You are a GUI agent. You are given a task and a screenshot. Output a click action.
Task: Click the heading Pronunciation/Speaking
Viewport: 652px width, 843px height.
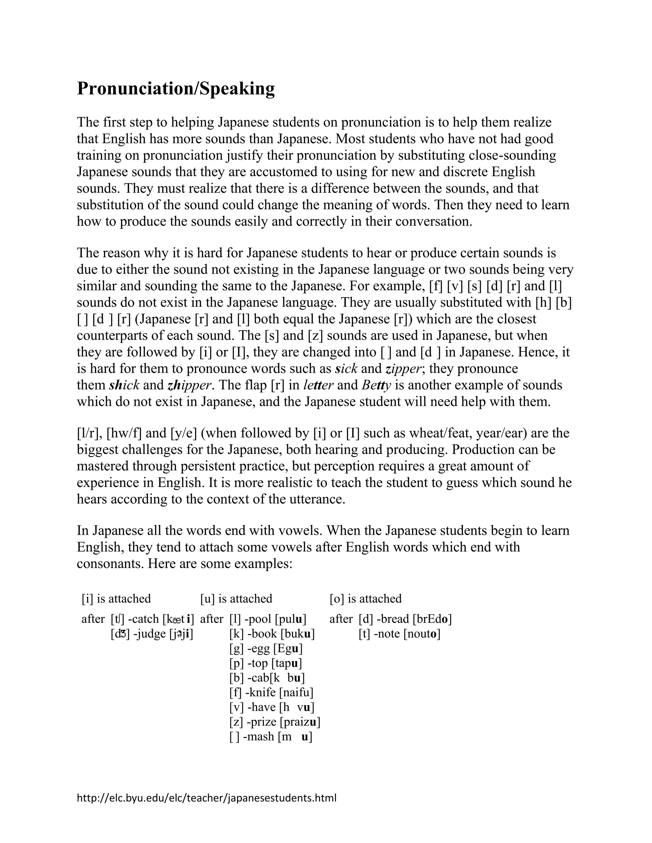pos(176,89)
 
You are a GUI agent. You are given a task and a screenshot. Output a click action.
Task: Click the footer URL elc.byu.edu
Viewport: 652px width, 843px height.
pos(206,798)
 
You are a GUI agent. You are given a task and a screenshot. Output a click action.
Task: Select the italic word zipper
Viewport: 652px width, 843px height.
pos(403,369)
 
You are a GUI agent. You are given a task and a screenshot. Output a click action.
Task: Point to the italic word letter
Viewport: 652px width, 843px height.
pos(318,385)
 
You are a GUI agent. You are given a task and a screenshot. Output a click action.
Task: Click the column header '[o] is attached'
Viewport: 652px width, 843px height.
pos(365,599)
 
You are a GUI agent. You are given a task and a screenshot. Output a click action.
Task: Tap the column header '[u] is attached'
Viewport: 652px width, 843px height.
pos(236,599)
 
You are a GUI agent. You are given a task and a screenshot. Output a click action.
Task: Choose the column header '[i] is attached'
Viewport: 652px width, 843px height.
pos(116,599)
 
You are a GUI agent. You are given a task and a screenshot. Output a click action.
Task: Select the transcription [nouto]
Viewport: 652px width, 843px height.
pos(422,634)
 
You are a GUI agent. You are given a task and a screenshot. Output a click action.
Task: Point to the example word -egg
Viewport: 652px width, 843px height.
pos(259,648)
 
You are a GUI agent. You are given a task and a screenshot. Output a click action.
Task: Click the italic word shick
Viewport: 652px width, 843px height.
pos(124,385)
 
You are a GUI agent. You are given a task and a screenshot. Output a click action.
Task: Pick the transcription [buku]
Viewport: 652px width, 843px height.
pos(297,634)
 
